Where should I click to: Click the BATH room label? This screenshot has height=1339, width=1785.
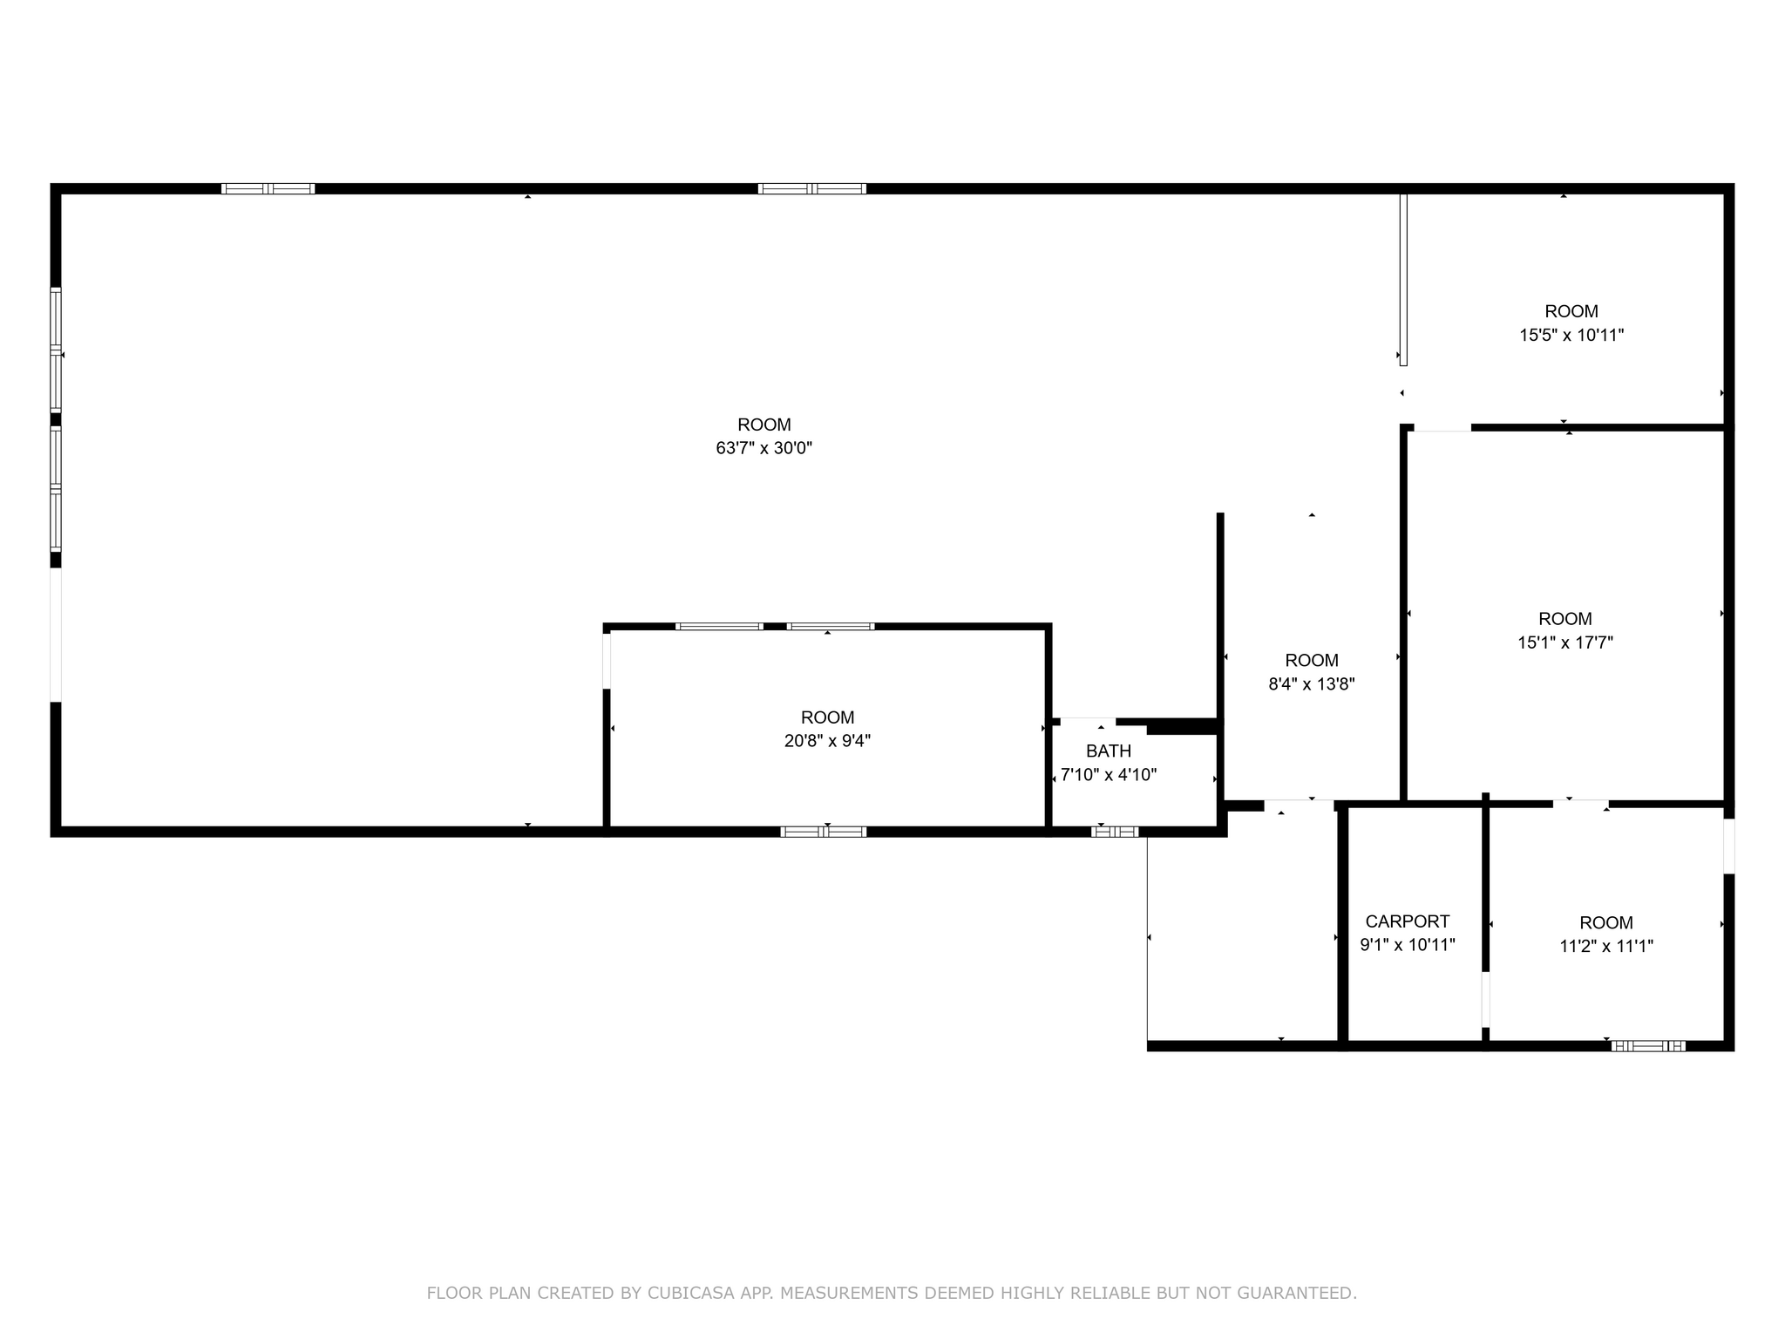[1109, 751]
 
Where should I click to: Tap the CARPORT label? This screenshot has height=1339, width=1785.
[1408, 921]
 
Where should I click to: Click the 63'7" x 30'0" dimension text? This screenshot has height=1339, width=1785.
[764, 448]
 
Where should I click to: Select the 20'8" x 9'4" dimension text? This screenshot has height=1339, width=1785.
[827, 741]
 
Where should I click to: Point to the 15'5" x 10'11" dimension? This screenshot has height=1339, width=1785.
[1571, 335]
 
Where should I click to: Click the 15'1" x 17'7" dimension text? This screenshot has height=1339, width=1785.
[1565, 642]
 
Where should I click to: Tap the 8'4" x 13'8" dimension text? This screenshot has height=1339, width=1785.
[1312, 684]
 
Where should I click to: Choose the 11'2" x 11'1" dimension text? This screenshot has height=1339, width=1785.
[1606, 946]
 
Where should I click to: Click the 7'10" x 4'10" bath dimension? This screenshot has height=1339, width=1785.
[1109, 775]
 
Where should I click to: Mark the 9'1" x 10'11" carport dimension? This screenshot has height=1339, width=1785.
[1408, 945]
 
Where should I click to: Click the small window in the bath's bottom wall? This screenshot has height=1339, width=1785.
[1115, 832]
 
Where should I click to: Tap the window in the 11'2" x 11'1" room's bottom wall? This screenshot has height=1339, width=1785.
[1648, 1046]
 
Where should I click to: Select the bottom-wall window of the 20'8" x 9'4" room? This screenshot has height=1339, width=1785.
[824, 832]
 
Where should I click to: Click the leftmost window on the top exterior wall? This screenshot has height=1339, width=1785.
[268, 188]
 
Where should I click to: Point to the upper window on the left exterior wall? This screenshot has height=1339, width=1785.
[56, 349]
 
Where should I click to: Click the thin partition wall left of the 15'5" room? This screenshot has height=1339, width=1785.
[1403, 279]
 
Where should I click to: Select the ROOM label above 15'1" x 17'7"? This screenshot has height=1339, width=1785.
[1565, 619]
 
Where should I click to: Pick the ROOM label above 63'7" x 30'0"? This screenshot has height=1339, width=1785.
[764, 425]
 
